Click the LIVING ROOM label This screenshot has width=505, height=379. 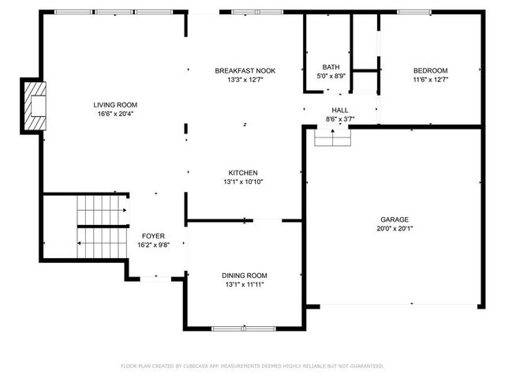pos(115,105)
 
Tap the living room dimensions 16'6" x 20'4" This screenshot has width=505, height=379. pos(115,114)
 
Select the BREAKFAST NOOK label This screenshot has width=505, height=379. pos(245,71)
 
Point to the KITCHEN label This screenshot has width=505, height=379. pos(243,173)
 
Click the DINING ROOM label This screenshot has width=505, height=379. pos(244,276)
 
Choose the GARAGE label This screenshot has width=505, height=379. pos(395,220)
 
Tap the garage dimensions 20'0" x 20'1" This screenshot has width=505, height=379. pos(395,229)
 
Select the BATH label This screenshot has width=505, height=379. pos(331,67)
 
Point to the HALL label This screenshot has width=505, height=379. pos(340,111)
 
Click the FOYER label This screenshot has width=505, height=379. pos(153,236)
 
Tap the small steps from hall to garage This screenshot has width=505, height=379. pos(332,138)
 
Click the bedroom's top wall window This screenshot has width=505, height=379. pos(413,12)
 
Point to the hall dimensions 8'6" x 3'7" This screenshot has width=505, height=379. pos(340,119)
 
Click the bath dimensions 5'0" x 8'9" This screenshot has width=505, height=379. pos(331,77)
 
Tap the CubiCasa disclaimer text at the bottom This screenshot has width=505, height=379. pos(252,366)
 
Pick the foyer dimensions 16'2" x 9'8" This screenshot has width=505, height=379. pos(153,245)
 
